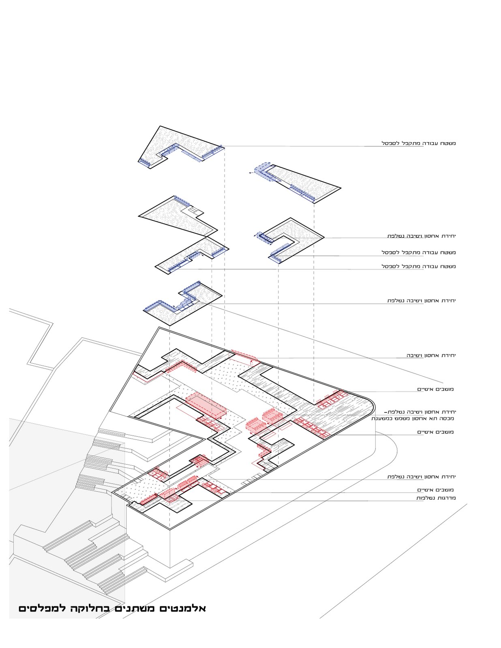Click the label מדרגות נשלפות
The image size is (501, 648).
click(436, 498)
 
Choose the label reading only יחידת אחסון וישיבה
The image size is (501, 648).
click(431, 356)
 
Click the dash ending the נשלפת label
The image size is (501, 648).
click(385, 412)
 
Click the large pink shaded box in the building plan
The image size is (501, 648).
click(206, 404)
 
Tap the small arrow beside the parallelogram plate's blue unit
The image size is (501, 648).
click(250, 173)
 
